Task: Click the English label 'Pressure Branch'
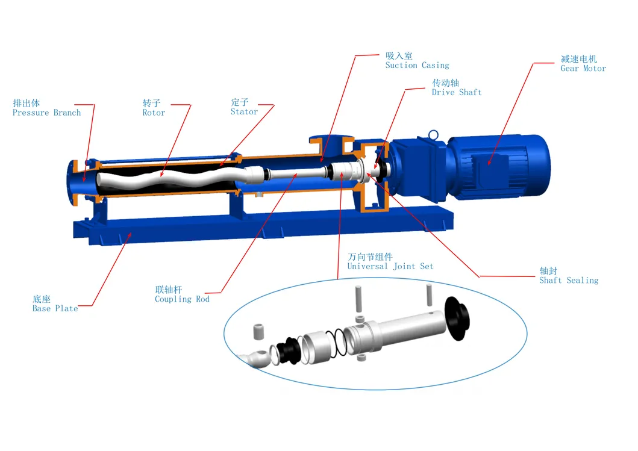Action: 46,113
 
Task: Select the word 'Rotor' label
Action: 154,113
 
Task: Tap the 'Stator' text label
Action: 244,111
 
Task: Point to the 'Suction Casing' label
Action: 417,65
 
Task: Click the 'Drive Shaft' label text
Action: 456,92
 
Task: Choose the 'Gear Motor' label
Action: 583,69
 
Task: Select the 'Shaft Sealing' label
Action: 568,280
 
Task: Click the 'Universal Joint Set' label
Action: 390,266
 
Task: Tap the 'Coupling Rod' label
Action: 182,299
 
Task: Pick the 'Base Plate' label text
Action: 55,308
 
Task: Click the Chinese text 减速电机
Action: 578,59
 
